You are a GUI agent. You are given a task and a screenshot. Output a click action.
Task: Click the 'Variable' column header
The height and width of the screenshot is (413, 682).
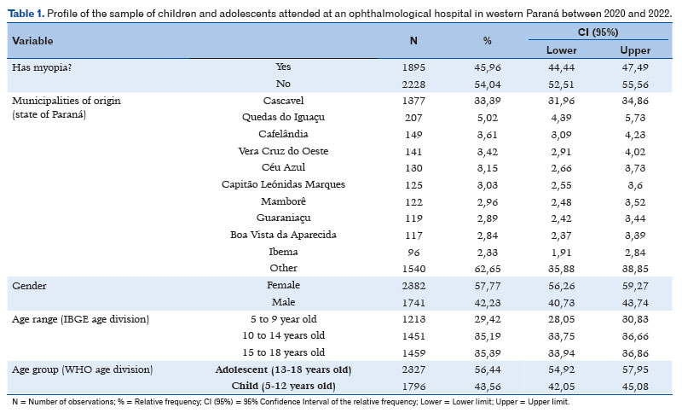point(32,41)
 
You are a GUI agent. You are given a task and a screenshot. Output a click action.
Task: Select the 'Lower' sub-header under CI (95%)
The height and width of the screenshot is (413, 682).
point(561,50)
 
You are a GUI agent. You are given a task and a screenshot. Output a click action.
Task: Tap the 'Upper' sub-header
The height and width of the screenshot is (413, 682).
point(635,50)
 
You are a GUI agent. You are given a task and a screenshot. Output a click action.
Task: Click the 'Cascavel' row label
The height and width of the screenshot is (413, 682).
point(283,101)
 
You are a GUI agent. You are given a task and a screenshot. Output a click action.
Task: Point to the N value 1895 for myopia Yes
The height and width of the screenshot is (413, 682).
point(413,67)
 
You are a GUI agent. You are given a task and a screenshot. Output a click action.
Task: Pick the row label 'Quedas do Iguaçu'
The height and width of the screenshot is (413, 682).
point(283,118)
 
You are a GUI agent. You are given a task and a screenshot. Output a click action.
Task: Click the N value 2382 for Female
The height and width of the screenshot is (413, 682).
point(413,286)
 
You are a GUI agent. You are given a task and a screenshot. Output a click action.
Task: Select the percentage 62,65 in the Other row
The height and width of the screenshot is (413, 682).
point(487,269)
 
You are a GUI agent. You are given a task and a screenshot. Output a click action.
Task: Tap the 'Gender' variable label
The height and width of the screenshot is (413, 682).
point(29,286)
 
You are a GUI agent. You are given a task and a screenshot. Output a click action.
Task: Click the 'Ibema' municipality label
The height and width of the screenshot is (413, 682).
point(283,252)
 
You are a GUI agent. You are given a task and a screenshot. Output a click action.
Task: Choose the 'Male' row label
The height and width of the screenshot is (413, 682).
point(283,302)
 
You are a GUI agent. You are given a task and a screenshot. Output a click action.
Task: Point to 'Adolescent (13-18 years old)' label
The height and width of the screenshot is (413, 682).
point(283,370)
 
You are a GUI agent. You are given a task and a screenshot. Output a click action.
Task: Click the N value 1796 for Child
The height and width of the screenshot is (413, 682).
point(413,387)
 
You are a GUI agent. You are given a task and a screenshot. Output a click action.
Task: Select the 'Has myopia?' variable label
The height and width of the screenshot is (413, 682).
point(42,67)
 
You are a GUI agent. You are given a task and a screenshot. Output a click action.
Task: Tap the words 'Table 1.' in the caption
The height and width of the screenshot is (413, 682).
point(26,14)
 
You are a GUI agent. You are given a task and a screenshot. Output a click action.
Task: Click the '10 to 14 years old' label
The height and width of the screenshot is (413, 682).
point(283,336)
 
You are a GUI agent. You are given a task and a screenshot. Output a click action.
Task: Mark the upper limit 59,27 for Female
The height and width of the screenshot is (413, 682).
point(635,286)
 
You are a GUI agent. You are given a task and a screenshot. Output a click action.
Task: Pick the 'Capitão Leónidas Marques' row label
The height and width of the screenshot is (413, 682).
point(283,184)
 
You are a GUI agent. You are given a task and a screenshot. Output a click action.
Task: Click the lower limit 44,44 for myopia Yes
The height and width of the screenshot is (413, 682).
point(561,67)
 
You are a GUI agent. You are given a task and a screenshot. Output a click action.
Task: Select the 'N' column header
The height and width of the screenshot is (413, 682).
point(413,41)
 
